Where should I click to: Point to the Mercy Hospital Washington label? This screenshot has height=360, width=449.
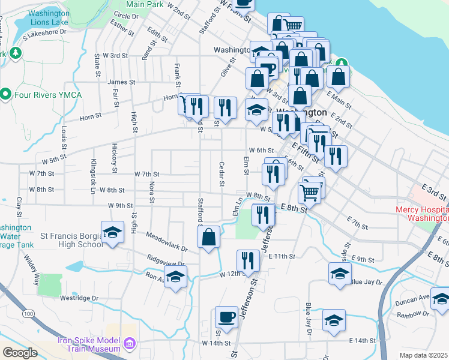pyautogui.click(x=421, y=214)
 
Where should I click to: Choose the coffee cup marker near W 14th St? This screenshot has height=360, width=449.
pyautogui.click(x=226, y=317)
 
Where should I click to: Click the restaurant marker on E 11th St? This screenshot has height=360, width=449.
pyautogui.click(x=248, y=260)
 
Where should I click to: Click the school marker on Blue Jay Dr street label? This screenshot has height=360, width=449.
pyautogui.click(x=340, y=273)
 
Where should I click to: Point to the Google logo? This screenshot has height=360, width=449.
pyautogui.click(x=20, y=353)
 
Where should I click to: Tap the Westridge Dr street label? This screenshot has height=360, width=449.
pyautogui.click(x=79, y=298)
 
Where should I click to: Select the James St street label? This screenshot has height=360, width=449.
pyautogui.click(x=119, y=82)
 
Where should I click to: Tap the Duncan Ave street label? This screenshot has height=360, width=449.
pyautogui.click(x=415, y=297)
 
